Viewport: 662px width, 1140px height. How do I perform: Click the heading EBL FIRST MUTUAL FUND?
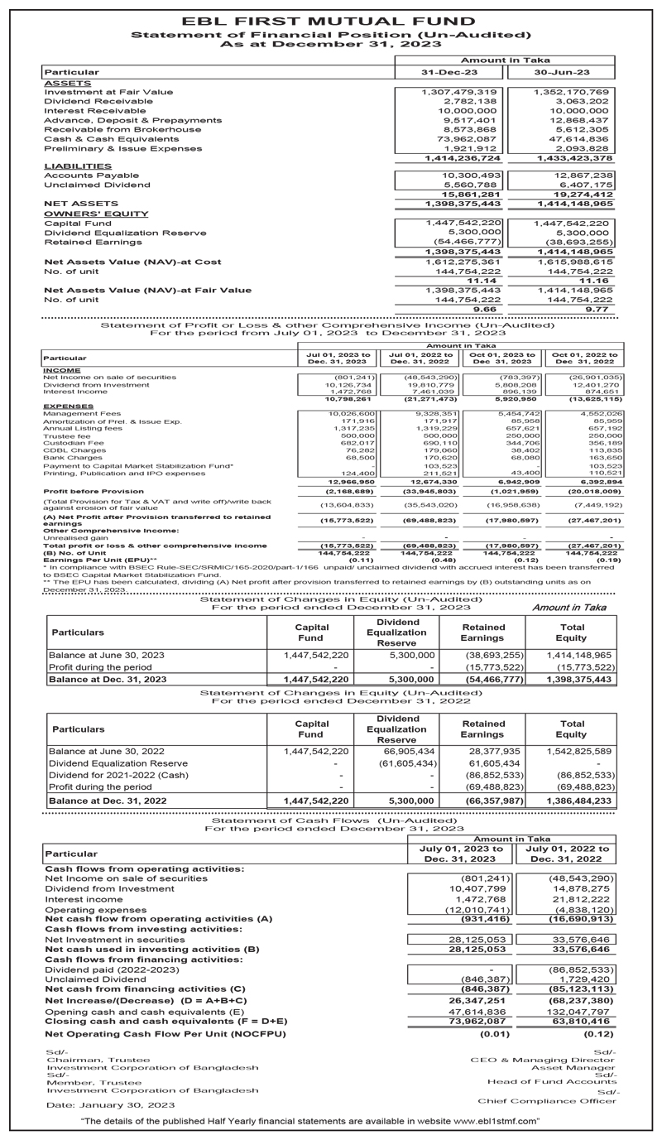click(331, 22)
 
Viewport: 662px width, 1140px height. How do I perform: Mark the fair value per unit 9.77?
click(597, 308)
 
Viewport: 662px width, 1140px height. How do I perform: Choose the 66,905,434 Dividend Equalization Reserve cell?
click(406, 751)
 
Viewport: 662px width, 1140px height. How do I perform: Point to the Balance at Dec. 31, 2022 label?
click(108, 802)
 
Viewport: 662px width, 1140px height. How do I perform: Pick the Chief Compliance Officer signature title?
click(549, 1101)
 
